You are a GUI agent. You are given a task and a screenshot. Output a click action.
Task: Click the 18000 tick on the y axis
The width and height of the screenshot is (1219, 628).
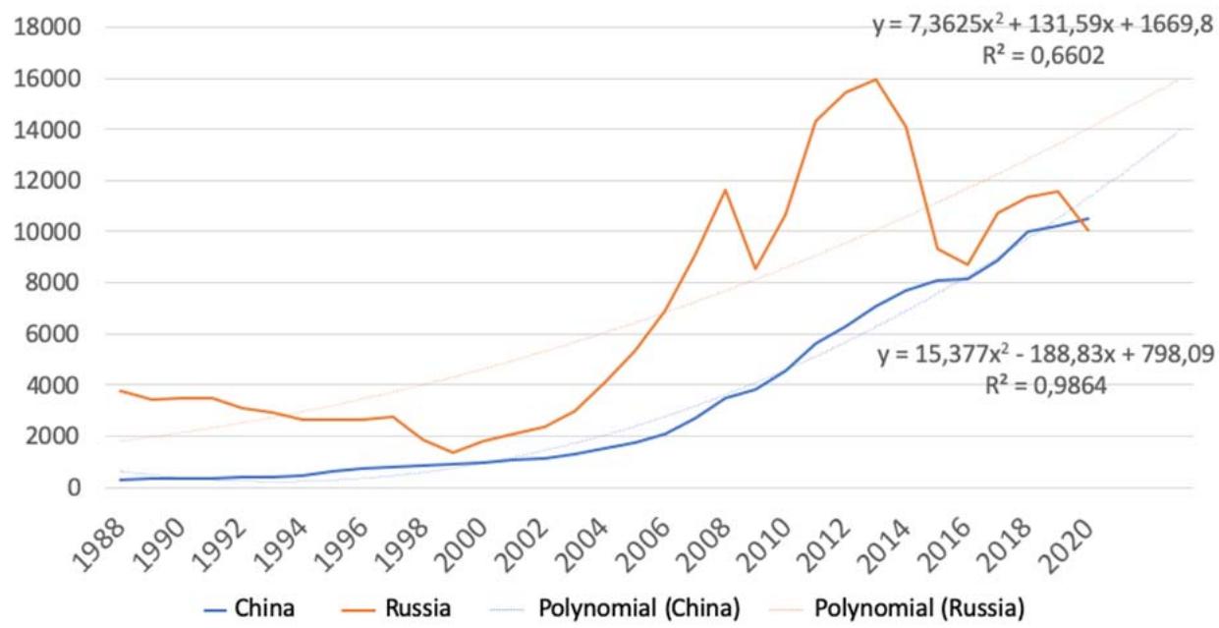point(41,27)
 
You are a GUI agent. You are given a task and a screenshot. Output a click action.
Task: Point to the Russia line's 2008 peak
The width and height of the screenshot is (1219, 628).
point(724,190)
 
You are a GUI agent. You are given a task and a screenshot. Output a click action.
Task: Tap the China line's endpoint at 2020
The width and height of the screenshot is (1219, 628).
point(1087,218)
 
